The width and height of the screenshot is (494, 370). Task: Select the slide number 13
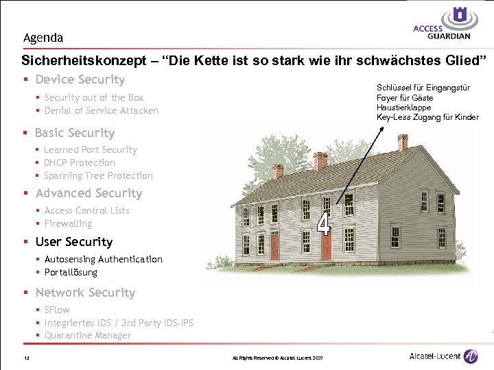click(25, 357)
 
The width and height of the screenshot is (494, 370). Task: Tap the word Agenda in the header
click(43, 38)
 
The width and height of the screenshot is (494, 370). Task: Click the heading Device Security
click(80, 79)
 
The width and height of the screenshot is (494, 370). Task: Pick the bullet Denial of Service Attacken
click(101, 110)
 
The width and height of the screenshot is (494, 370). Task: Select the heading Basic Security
click(75, 133)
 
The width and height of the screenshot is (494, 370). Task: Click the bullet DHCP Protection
click(79, 162)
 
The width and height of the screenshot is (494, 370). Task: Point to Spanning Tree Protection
click(98, 175)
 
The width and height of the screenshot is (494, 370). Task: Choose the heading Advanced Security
click(89, 193)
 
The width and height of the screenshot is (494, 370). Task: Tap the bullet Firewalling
click(68, 223)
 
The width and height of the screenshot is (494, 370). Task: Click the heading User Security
click(74, 242)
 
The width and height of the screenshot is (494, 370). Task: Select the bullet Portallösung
click(71, 272)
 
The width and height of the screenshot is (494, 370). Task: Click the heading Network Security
click(85, 293)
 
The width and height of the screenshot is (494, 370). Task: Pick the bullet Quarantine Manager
click(87, 335)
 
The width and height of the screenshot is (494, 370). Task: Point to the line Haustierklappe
click(404, 108)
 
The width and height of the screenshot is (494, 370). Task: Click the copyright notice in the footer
click(277, 358)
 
